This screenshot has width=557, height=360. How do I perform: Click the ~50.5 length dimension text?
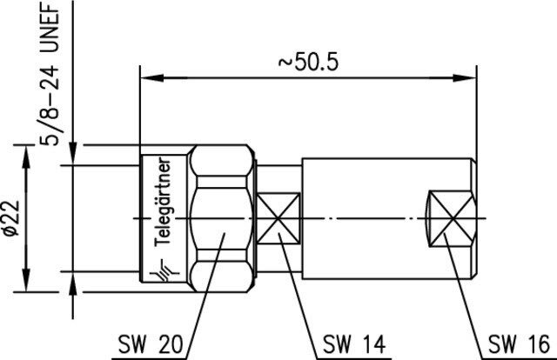[x=308, y=63]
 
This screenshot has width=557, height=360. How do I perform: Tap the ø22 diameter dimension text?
[x=11, y=217]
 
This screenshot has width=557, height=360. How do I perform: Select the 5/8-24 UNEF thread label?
[x=50, y=75]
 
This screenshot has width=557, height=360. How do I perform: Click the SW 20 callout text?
[x=151, y=343]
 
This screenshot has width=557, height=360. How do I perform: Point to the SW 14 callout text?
[x=354, y=343]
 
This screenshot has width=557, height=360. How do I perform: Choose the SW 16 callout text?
[x=519, y=343]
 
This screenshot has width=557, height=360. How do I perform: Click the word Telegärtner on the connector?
[x=163, y=202]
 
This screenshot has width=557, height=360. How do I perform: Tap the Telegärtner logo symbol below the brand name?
[x=164, y=270]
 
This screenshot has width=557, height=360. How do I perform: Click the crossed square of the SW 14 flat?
[x=278, y=218]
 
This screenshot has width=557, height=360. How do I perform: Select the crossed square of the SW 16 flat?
[x=452, y=218]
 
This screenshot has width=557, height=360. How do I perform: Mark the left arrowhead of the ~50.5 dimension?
[x=153, y=77]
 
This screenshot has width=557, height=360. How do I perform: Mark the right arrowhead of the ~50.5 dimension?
[x=464, y=77]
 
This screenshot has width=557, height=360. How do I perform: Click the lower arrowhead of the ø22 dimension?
[x=25, y=281]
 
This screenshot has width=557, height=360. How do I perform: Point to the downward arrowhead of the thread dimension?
[x=73, y=153]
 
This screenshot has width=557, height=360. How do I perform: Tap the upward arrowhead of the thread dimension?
[x=73, y=284]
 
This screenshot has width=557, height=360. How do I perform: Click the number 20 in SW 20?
[x=170, y=343]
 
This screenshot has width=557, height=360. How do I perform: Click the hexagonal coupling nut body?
[x=222, y=218]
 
